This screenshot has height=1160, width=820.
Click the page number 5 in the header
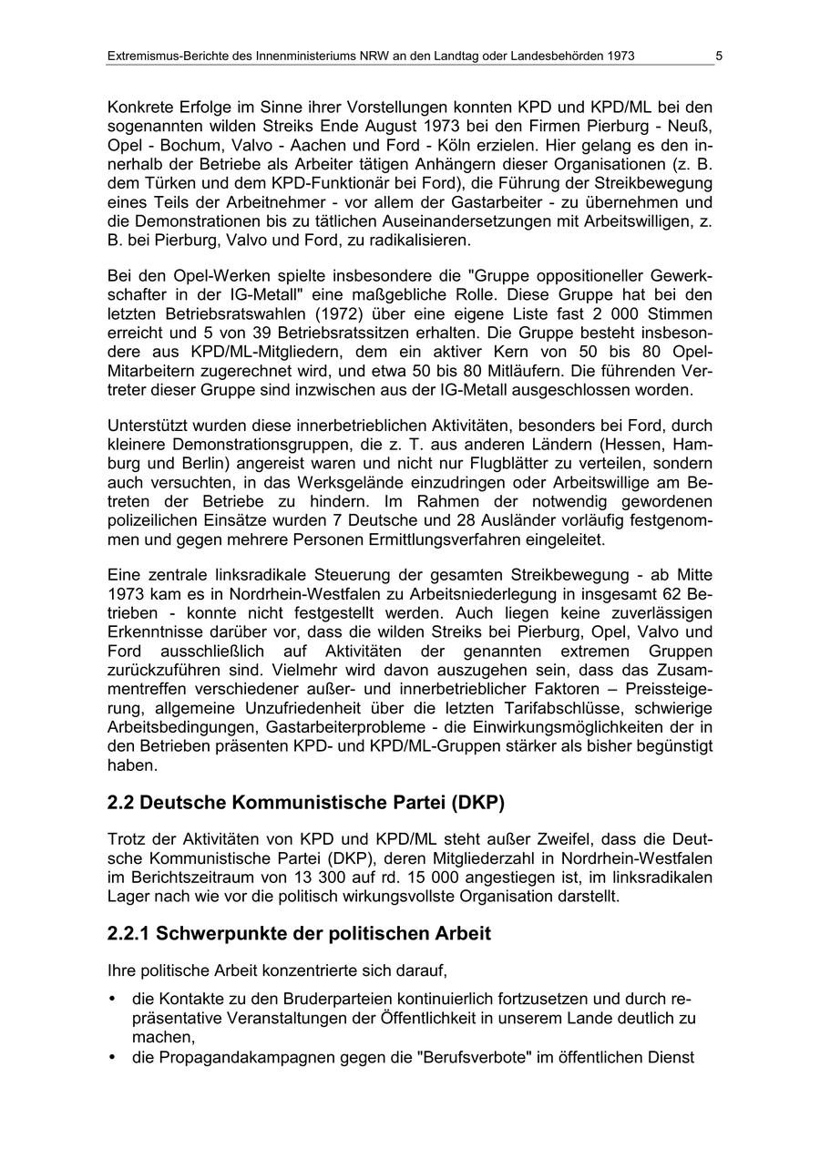[x=719, y=56]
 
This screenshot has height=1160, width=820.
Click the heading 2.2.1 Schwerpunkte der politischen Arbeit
[x=299, y=933]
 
